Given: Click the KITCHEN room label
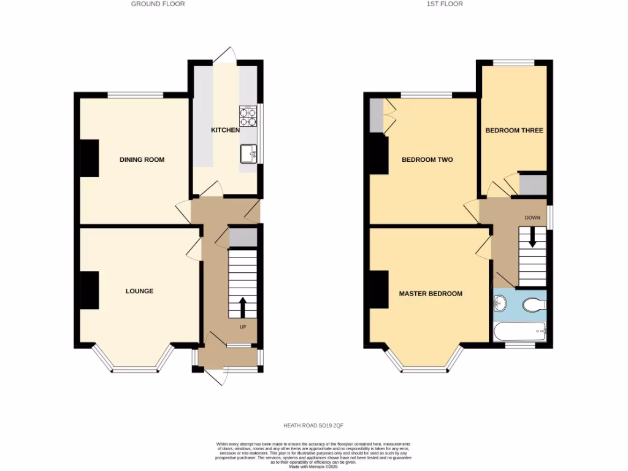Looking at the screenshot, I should coord(225,130).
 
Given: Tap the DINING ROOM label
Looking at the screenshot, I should coord(142,160).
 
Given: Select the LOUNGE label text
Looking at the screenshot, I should coord(139,291).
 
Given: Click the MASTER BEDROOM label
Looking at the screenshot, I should coord(431,294).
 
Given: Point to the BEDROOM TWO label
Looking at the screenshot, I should coord(427,160).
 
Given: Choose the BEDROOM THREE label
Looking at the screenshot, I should coord(514,131).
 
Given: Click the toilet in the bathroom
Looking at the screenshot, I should coord(535,304).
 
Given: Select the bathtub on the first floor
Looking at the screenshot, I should coord(519,332).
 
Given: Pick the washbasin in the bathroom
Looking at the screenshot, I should coord(500,302).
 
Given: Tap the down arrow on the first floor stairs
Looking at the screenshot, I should coord(532,237).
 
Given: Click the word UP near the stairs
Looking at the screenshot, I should coord(243,327).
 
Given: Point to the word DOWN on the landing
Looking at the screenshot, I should coord(532,218).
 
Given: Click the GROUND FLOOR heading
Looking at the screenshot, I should coord(158,4).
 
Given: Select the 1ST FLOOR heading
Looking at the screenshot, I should coord(446,4).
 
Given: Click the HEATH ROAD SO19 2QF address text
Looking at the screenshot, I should coord(313,425).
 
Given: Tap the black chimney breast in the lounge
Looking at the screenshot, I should coord(89,290).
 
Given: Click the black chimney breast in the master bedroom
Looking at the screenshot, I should coord(378,289).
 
